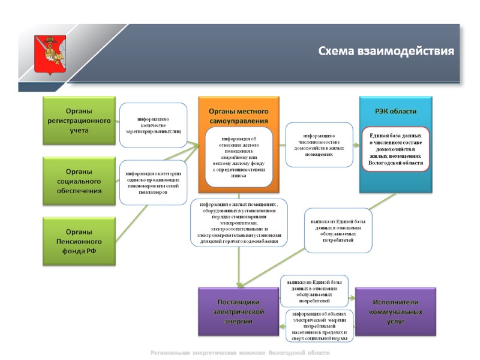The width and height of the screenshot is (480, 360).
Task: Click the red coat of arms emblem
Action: [x=50, y=53]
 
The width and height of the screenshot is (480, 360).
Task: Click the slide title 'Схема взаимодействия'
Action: [x=386, y=51]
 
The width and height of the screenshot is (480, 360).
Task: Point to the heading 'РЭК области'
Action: [x=395, y=111]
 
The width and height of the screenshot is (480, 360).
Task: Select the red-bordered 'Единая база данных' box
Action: [x=395, y=149]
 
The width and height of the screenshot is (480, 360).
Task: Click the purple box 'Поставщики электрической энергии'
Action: [x=239, y=311]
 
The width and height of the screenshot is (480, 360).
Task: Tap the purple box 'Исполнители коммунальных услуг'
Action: [x=395, y=311]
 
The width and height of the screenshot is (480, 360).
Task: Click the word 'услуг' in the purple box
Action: [x=395, y=322]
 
